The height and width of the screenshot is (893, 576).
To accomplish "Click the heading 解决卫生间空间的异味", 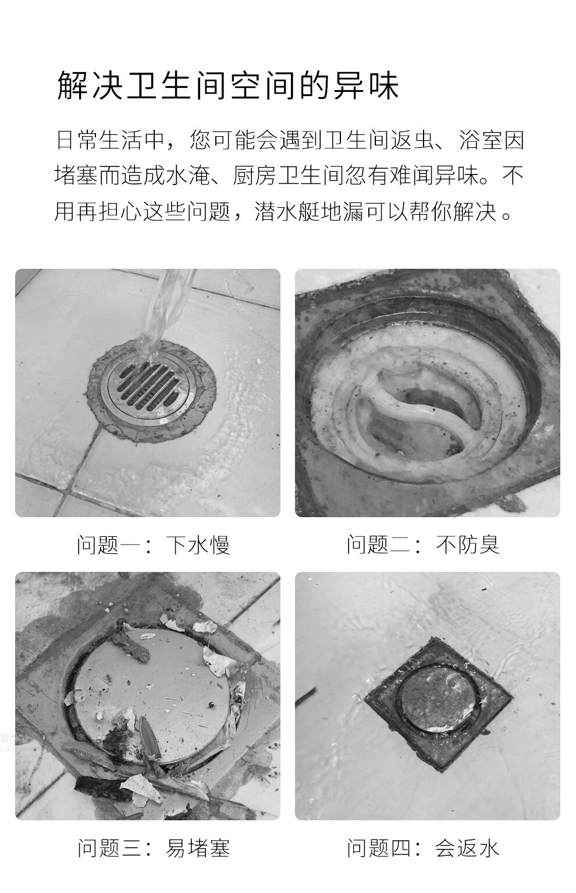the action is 227,86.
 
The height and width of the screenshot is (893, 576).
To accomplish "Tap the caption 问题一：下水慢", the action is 154,545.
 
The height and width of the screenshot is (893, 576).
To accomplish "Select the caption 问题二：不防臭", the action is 423,545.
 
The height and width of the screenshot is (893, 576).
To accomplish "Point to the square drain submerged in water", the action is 439,703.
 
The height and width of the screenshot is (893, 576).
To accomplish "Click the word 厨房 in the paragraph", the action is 255,176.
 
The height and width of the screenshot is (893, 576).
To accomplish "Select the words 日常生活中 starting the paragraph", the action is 109,140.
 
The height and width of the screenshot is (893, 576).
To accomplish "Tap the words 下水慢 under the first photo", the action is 198,545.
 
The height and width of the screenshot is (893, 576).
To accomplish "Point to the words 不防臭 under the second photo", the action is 468,545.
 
